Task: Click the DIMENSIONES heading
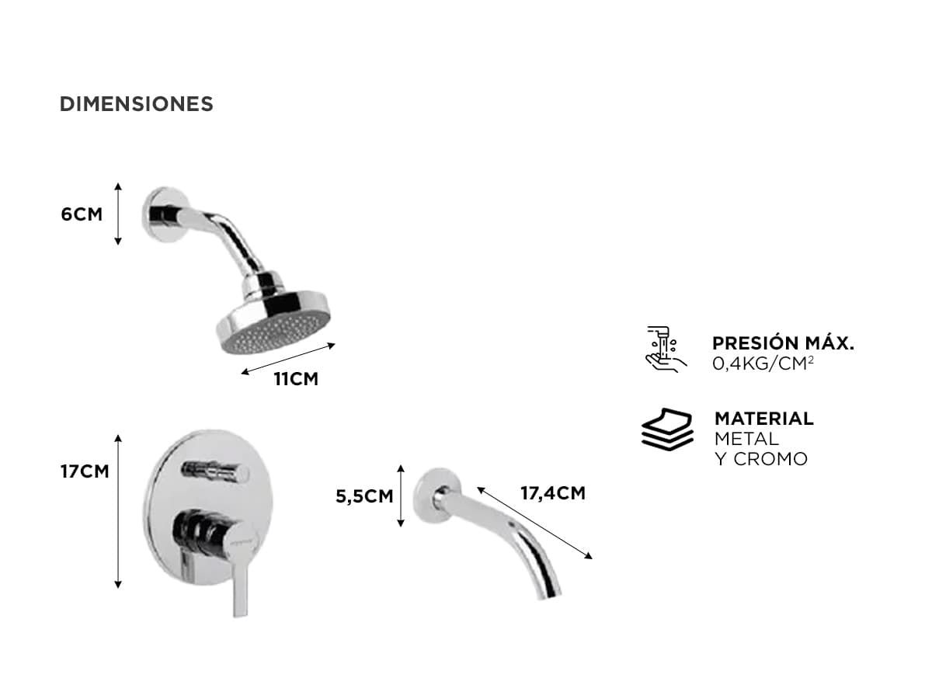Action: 136,104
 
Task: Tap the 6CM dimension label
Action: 82,214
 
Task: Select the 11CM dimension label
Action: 296,379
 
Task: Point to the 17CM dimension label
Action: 85,471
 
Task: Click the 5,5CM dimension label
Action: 364,496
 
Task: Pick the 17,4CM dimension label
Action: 553,493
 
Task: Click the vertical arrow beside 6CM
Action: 118,214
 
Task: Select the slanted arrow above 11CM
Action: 288,359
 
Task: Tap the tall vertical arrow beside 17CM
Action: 118,511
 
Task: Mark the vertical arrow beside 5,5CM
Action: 401,496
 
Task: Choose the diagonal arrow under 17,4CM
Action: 534,523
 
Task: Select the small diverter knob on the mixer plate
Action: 216,471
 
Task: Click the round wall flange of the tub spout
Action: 434,496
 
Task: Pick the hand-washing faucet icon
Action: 666,349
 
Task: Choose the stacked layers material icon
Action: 667,429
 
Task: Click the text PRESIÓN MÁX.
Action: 784,343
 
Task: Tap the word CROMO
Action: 770,459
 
